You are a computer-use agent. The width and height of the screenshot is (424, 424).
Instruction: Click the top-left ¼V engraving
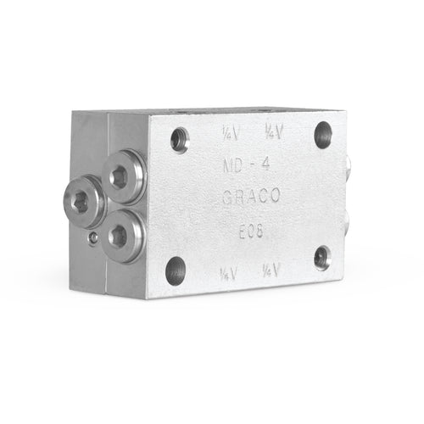[x=229, y=133]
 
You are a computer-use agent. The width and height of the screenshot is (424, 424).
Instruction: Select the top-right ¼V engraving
[x=272, y=131]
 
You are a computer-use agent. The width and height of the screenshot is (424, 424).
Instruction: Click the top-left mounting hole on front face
[x=180, y=139]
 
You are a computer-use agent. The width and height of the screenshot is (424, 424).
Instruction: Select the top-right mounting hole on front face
[x=323, y=133]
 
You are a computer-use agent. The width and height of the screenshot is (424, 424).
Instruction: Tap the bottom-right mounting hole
[x=322, y=257]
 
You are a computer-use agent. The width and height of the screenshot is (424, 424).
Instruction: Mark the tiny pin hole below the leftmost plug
[x=92, y=240]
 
